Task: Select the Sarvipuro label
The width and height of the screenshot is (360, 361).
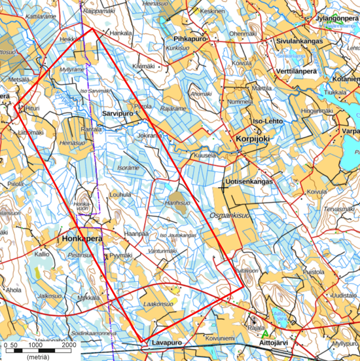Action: click(118, 113)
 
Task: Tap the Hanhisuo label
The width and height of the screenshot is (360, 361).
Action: click(177, 203)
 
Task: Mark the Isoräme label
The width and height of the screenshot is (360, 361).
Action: click(128, 168)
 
